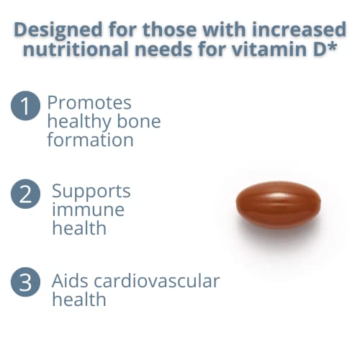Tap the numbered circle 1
pos(25,107)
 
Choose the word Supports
pos(91,192)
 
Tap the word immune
pos(88,210)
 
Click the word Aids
pos(71,281)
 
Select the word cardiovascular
pos(158,281)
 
